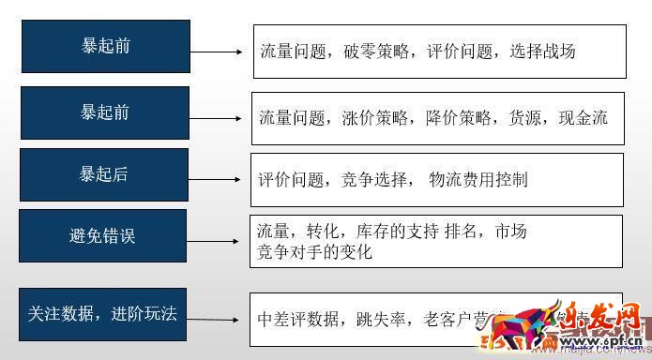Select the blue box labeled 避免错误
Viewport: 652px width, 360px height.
(102, 235)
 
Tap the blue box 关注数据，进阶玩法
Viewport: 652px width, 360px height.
(102, 313)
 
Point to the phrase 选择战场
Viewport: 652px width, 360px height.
(539, 51)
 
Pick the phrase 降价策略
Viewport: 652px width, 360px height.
(459, 118)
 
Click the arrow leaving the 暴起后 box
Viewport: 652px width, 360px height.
(218, 178)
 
